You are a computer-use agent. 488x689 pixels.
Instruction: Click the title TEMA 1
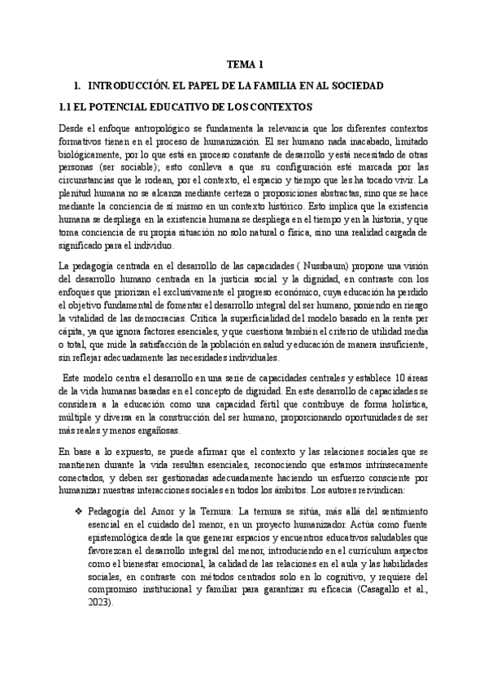pyautogui.click(x=244, y=64)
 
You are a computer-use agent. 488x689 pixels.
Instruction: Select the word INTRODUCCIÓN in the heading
pyautogui.click(x=130, y=85)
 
